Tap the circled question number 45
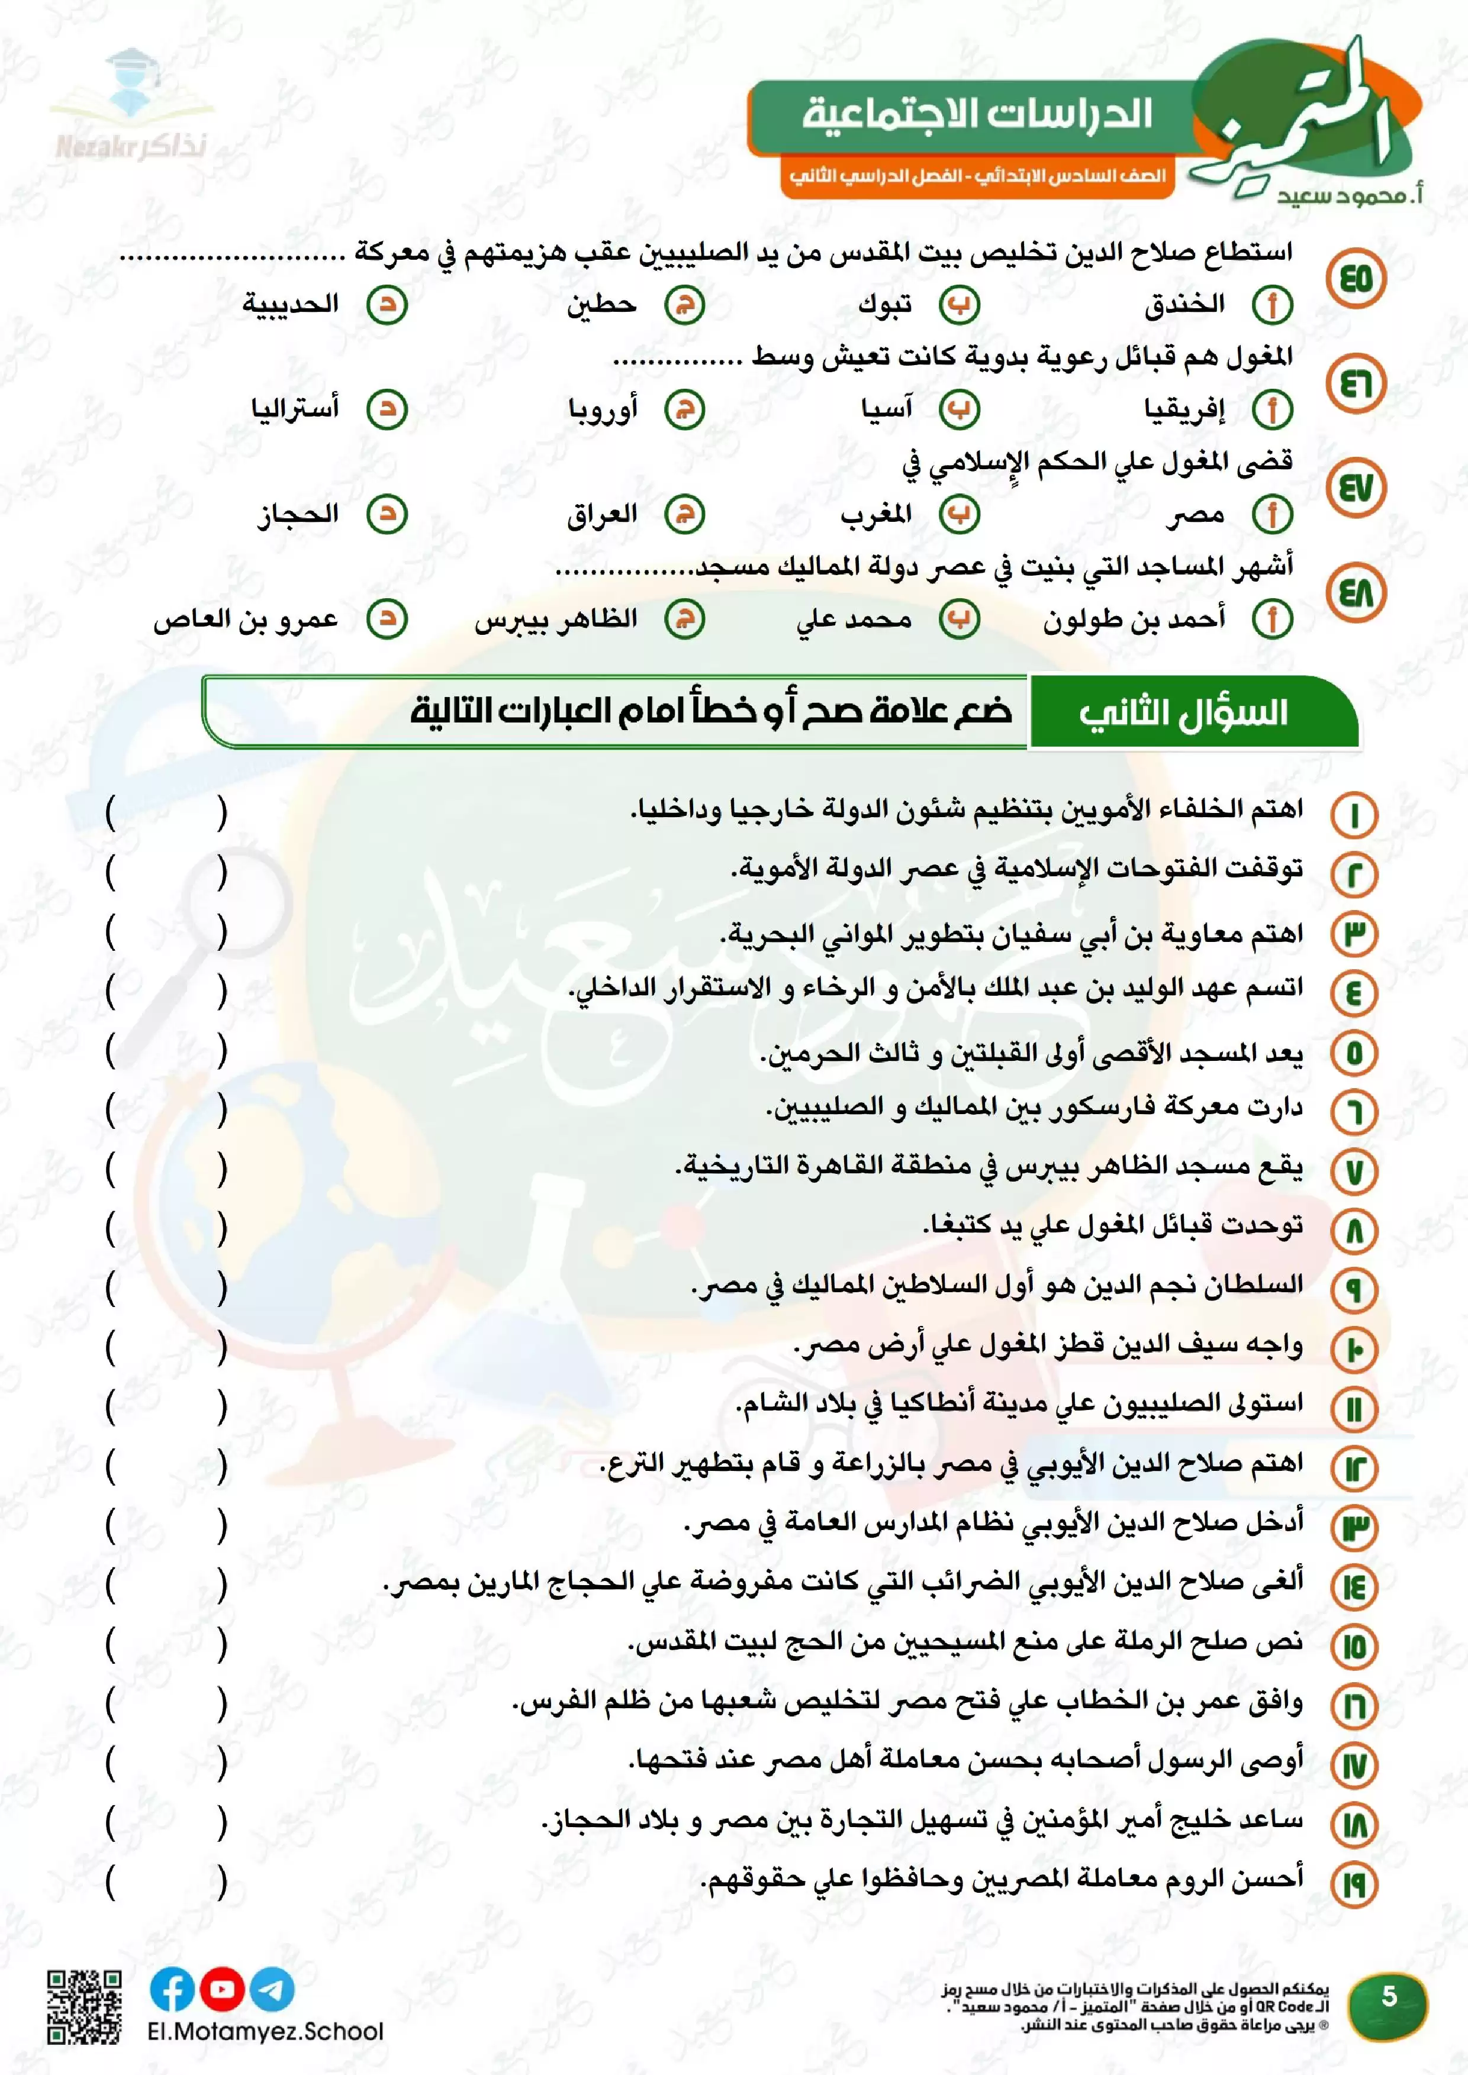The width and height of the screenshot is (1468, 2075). click(x=1355, y=278)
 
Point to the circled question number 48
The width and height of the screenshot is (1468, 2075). click(x=1355, y=593)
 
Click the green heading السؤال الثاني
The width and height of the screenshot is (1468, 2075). click(x=1184, y=712)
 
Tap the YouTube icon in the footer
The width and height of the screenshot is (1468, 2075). click(x=221, y=1988)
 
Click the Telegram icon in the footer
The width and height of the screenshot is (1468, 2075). click(x=271, y=1988)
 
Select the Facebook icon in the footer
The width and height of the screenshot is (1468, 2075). click(x=172, y=1988)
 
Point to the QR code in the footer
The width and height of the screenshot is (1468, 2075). click(x=84, y=2006)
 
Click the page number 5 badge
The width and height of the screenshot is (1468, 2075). click(x=1389, y=1996)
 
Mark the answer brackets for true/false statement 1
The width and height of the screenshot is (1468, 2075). click(x=165, y=814)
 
